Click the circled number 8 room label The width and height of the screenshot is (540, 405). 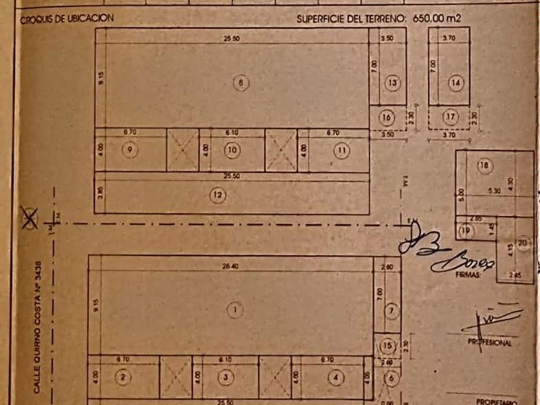tap(241, 83)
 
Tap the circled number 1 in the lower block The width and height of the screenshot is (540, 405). tap(235, 310)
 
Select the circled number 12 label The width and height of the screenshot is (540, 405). tap(219, 194)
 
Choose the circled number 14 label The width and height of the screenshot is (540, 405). tap(456, 82)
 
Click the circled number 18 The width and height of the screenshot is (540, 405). tap(484, 166)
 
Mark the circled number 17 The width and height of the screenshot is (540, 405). tap(450, 117)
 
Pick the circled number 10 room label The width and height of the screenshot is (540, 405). tap(231, 150)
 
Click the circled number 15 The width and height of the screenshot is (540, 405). tap(387, 345)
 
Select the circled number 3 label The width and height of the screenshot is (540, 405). tap(225, 377)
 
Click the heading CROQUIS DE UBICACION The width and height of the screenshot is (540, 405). tap(67, 19)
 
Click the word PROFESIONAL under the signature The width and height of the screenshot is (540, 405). tap(489, 343)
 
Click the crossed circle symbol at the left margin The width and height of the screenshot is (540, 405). tap(29, 218)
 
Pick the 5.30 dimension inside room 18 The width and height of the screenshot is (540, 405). tap(494, 190)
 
